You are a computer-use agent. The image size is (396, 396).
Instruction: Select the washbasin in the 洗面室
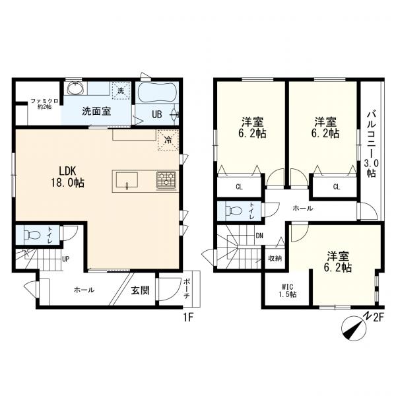tap(73, 89)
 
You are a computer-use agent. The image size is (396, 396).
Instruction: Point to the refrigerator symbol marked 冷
tap(168, 139)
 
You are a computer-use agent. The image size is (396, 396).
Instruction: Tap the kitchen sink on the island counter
tap(126, 180)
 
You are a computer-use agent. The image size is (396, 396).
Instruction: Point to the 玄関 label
tap(139, 289)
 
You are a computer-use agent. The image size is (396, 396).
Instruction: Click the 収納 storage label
tap(275, 258)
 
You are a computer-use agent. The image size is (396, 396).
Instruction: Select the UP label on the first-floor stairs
tap(66, 259)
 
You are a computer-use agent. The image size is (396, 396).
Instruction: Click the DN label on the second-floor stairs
tap(259, 236)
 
